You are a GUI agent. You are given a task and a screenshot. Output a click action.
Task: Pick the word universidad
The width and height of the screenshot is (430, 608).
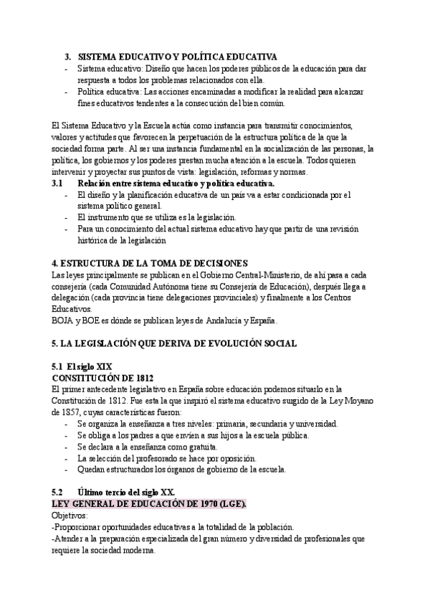(312, 424)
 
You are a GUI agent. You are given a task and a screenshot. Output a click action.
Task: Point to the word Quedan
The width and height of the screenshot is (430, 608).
(91, 470)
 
